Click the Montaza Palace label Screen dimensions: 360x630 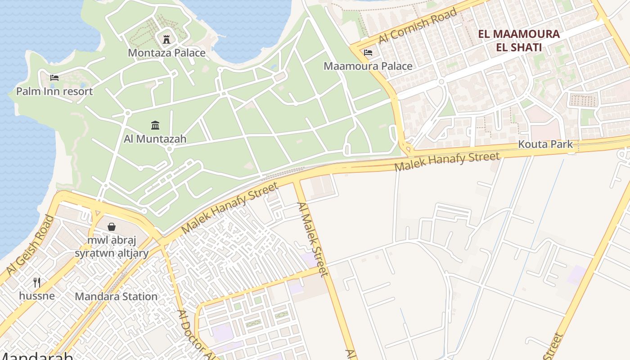coord(166,53)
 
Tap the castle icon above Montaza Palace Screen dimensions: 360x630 coord(166,39)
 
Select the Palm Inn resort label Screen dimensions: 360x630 coord(54,91)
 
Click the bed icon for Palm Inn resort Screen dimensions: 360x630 coord(54,77)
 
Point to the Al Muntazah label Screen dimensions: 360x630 coord(155,139)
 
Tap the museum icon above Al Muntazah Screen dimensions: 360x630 coord(155,125)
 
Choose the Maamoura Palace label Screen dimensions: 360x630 coord(368,66)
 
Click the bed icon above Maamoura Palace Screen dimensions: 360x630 coord(368,52)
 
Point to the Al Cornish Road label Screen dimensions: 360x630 coord(418,26)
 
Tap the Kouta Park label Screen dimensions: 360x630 coord(545,144)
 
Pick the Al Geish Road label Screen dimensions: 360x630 coord(31,245)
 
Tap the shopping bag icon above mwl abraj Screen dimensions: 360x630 coord(111,227)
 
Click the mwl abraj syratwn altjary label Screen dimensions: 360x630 coord(111,247)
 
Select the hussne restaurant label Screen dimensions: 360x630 coord(37,296)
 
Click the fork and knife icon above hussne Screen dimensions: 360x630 coord(37,282)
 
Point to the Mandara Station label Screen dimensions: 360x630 coord(116,297)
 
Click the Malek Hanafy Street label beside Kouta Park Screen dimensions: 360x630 coord(447,162)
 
